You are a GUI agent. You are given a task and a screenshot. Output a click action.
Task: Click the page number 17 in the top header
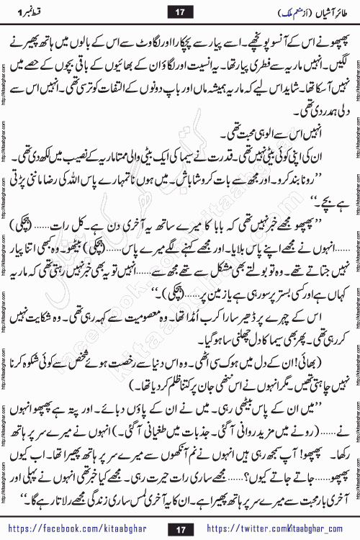(179, 11)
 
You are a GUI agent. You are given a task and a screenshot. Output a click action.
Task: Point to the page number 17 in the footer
(179, 528)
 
